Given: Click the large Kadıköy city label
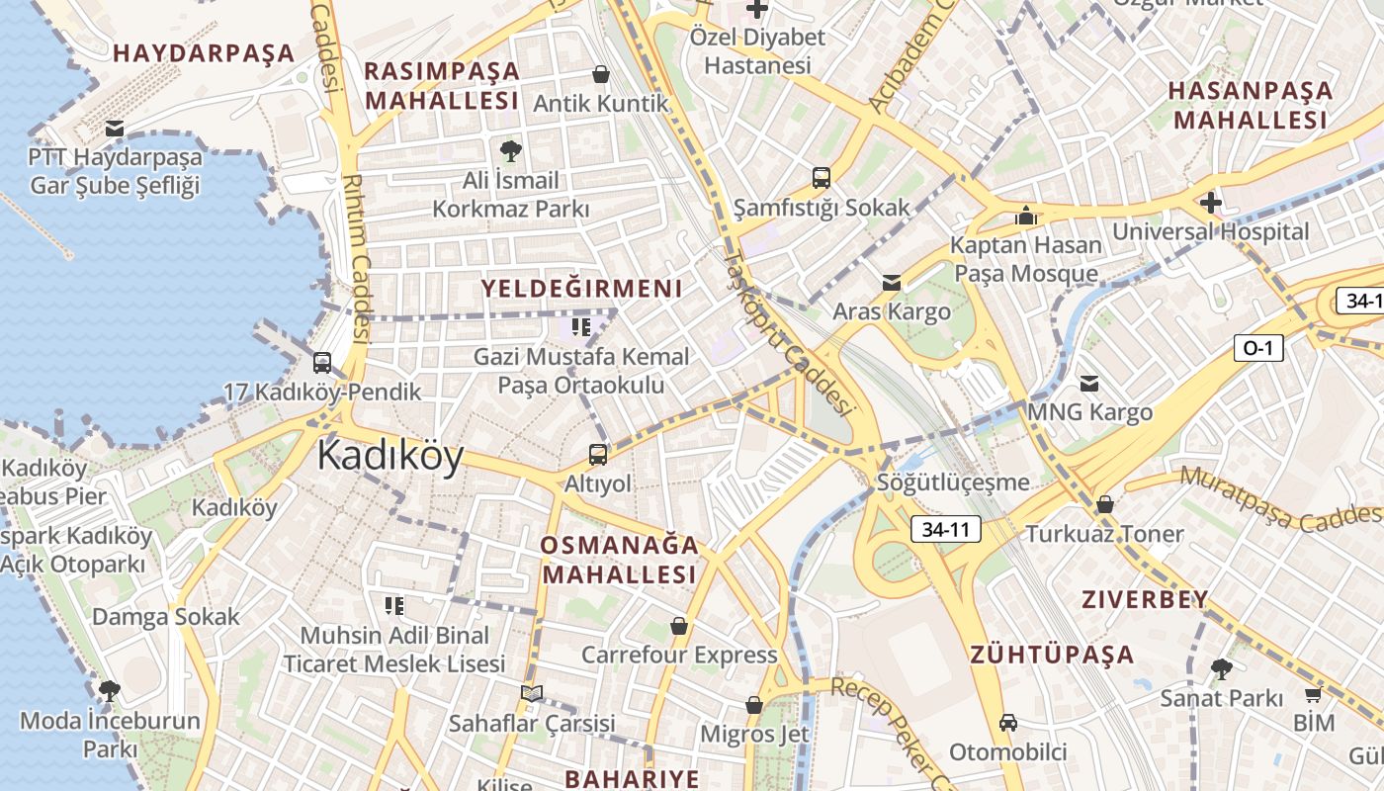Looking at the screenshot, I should [390, 457].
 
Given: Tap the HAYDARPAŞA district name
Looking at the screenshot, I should [205, 53].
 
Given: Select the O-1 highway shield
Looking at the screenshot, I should [1258, 347].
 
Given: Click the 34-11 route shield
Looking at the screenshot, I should [945, 530].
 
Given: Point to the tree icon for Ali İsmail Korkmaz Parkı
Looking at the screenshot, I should [510, 151].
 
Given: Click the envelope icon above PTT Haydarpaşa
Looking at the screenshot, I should [115, 129].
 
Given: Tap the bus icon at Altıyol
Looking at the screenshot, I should [597, 455].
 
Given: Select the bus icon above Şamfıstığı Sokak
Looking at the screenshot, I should [822, 178].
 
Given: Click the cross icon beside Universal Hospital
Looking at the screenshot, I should [1211, 204].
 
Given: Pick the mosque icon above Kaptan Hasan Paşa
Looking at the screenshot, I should [1025, 216].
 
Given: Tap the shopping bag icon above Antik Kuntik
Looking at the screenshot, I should [600, 74].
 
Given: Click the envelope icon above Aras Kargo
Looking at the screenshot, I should [892, 283].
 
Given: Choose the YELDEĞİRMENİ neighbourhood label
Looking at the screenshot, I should [581, 289].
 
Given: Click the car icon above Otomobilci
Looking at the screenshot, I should [1007, 723].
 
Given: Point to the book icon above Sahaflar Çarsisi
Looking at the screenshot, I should [532, 694].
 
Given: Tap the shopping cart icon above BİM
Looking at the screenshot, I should [1313, 695].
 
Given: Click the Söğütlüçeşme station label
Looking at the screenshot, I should [953, 483].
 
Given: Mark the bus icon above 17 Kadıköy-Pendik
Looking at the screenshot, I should [322, 363].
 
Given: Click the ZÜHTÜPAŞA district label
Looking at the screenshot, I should [1052, 655].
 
